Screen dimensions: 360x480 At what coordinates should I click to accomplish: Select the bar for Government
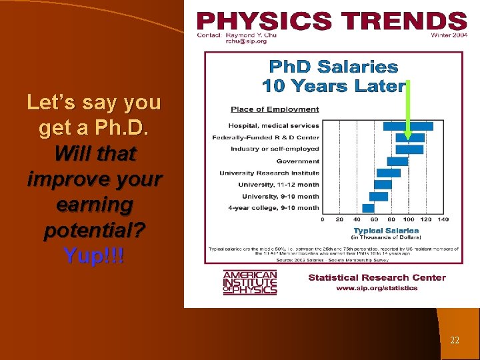point(397,161)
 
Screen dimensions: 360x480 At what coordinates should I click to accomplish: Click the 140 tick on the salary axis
point(443,219)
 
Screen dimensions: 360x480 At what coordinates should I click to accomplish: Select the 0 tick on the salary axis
point(323,219)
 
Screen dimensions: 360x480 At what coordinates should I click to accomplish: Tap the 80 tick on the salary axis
point(391,219)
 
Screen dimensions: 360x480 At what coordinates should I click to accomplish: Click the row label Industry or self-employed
point(275,149)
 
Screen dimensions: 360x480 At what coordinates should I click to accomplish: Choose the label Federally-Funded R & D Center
point(265,137)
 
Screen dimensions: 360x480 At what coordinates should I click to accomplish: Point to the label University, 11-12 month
point(280,185)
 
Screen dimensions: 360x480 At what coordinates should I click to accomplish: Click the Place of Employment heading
point(275,109)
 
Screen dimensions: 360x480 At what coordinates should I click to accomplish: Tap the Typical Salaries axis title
point(386,231)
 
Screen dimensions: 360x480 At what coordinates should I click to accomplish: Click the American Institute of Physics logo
point(250,283)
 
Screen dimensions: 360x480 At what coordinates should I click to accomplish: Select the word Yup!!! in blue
point(94,255)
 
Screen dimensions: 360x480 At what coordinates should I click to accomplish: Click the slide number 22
point(455,340)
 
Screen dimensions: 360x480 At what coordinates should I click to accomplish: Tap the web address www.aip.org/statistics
point(377,288)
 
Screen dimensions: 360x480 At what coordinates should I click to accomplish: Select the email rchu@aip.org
point(246,41)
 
